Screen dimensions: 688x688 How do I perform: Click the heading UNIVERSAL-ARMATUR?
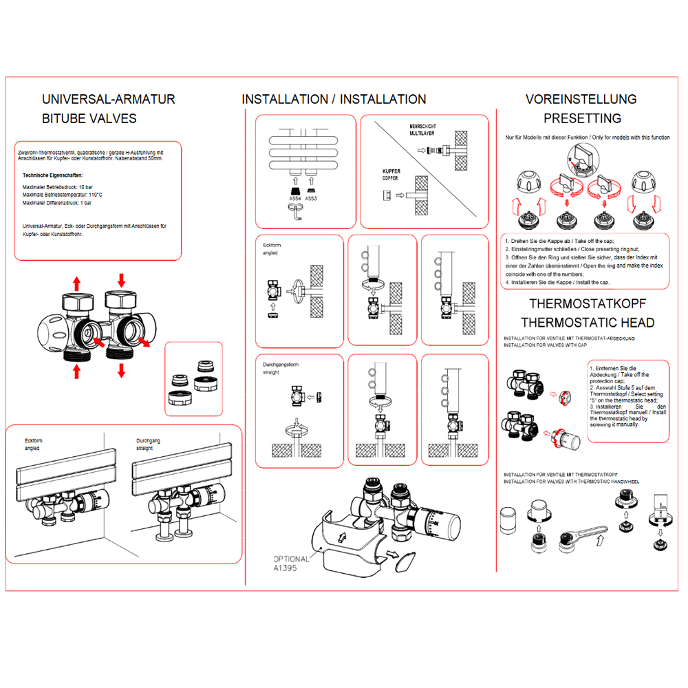[x=109, y=99]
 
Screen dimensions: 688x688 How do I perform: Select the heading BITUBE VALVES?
[x=89, y=118]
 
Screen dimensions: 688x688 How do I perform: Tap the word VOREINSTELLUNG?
[x=581, y=99]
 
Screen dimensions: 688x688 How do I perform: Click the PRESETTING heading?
[x=582, y=118]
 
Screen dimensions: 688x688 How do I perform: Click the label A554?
[x=295, y=199]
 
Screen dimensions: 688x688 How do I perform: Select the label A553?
[x=311, y=199]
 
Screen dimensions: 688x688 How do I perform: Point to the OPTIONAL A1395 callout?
[x=292, y=564]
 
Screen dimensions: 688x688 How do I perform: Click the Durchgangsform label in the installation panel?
[x=281, y=364]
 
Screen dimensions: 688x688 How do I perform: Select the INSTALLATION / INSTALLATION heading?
[x=334, y=100]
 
